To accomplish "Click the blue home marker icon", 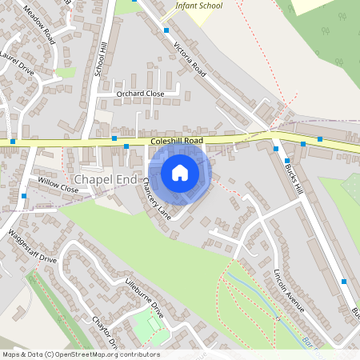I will tap(179, 173).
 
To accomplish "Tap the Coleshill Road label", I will tap(177, 141).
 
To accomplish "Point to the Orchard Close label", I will tap(140, 94).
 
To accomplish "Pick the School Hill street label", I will tap(100, 60).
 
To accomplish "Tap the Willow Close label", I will tap(58, 190).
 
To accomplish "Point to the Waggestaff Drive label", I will tap(33, 249).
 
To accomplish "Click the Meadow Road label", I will tap(38, 25).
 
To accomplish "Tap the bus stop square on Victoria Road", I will tap(166, 30).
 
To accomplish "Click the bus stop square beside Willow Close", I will tap(25, 195).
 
